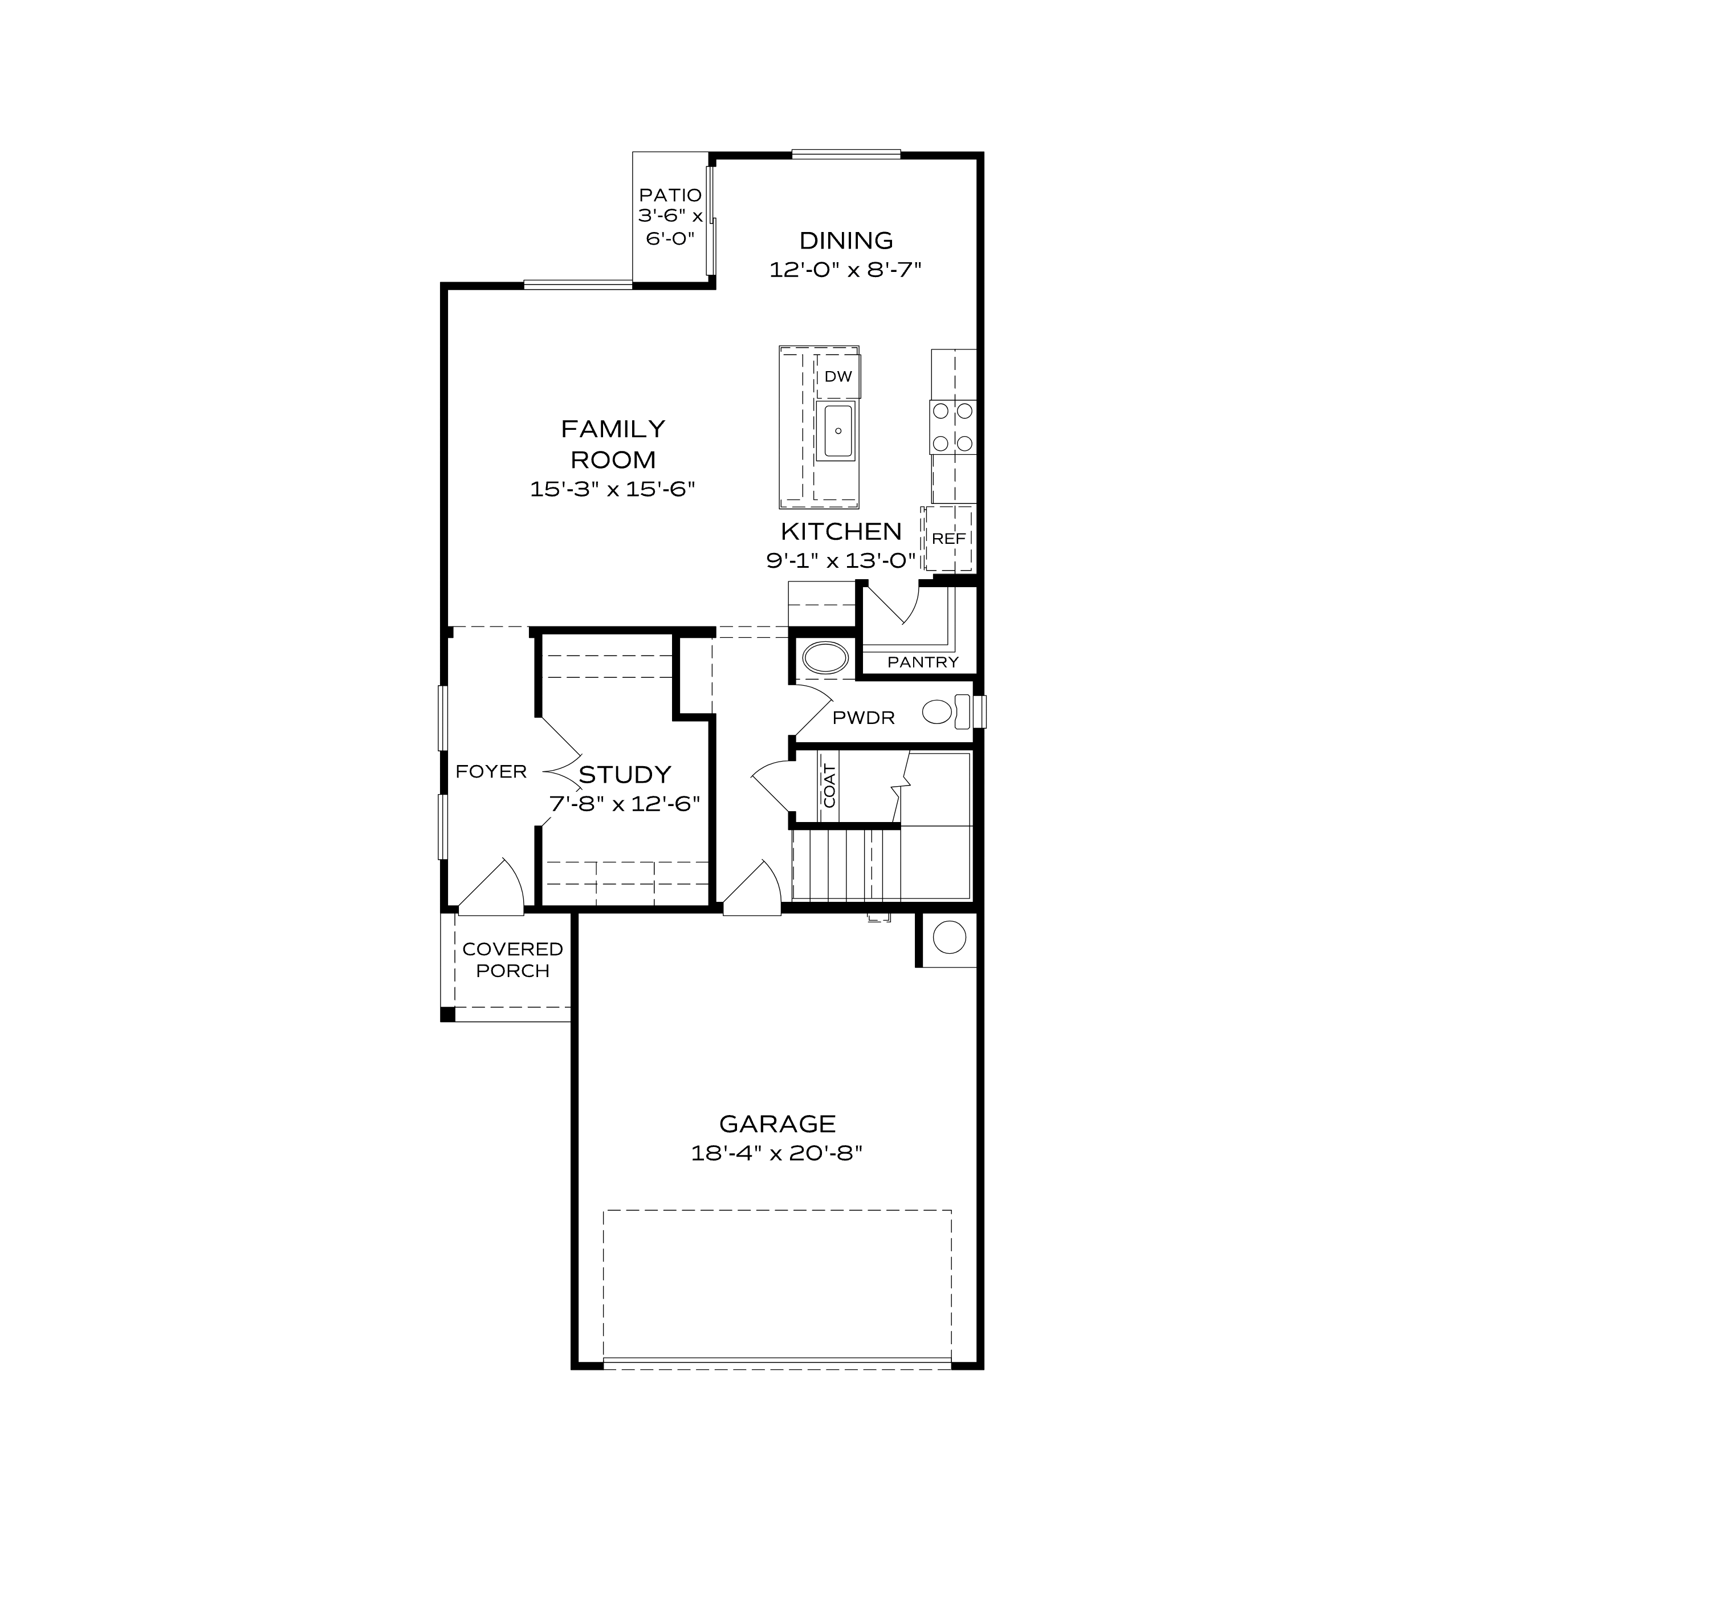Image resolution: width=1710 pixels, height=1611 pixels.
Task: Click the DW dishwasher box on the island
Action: point(838,376)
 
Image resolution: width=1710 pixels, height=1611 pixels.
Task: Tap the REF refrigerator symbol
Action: point(948,539)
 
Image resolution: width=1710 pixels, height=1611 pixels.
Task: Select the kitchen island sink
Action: point(837,431)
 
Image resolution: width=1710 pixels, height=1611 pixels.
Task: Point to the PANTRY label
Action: point(923,661)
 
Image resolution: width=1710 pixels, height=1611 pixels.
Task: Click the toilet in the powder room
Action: point(947,711)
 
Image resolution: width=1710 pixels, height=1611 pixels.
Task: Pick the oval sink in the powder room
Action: point(825,658)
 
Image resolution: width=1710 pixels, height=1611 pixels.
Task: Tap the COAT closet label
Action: point(829,786)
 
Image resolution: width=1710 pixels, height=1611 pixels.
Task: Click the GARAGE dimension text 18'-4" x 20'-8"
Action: point(777,1153)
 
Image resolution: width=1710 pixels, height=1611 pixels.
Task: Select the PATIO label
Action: point(670,195)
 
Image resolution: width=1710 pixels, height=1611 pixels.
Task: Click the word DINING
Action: point(845,240)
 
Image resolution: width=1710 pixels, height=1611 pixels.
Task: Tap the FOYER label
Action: point(491,771)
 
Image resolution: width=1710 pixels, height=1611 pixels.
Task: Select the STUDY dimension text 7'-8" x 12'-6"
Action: point(625,804)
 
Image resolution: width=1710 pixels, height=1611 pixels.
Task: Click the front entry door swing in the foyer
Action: point(495,886)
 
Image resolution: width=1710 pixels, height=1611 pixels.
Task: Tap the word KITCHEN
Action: point(840,531)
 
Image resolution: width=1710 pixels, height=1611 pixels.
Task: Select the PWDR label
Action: point(864,717)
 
